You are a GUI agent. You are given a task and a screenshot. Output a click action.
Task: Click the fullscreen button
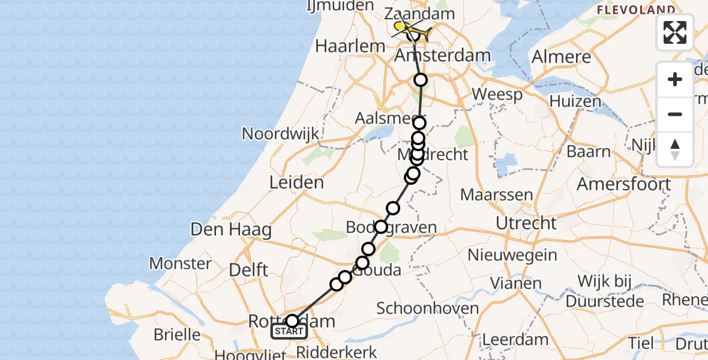675,32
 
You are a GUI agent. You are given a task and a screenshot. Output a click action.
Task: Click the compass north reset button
675,149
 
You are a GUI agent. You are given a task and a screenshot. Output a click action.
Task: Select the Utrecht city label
526,223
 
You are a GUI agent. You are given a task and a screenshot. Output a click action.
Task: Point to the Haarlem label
359,46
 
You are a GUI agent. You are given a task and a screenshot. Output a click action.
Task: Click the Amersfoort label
623,184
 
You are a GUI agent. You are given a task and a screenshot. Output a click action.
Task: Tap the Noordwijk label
280,133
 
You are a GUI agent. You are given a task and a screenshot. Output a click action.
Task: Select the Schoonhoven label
428,308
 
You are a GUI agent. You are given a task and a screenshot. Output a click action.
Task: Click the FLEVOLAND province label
636,10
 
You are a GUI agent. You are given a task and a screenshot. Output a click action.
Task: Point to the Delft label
248,269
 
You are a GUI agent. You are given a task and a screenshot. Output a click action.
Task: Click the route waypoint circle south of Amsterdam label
421,80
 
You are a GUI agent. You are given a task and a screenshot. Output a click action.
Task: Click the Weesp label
497,94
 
